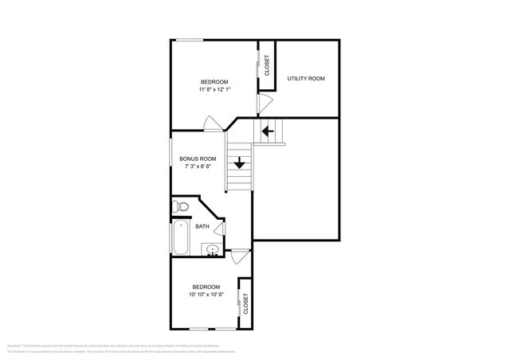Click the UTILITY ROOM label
tap(306, 79)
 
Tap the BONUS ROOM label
tap(197, 158)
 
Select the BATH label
tap(202, 226)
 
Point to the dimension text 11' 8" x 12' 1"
tap(214, 89)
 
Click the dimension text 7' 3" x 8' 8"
tap(197, 167)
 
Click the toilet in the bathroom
tap(181, 207)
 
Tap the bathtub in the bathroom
tap(180, 237)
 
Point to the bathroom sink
tap(212, 252)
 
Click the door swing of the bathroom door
tap(218, 228)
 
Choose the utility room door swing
tap(265, 104)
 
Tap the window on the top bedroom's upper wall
tap(189, 40)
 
